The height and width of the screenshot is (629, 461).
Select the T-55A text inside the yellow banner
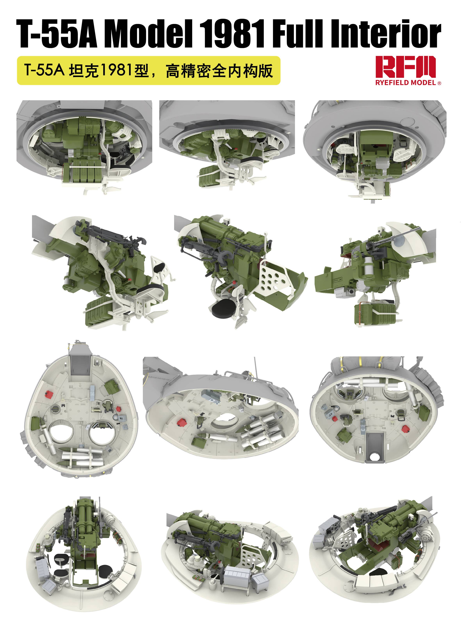[x=44, y=70]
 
